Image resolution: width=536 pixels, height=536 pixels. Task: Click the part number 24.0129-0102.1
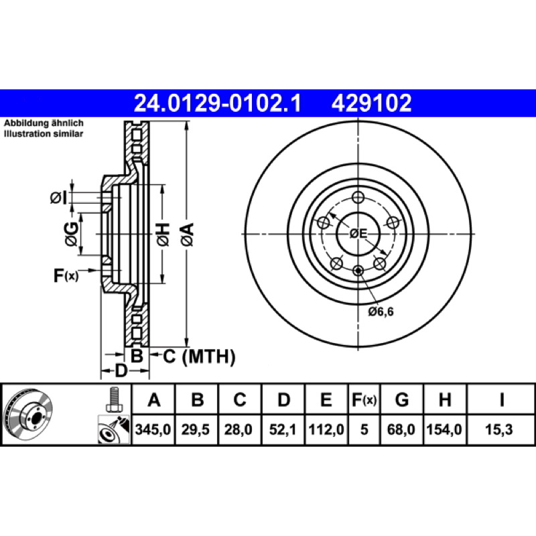point(217,103)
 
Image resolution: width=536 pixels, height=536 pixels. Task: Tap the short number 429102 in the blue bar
point(371,103)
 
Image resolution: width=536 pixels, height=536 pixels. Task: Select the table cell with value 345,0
point(153,429)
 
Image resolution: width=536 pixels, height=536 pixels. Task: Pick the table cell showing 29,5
point(196,429)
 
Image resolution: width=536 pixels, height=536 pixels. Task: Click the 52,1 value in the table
point(282,429)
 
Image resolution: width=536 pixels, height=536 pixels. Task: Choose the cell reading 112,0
point(326,429)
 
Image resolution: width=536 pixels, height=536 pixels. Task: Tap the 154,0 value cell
point(444,429)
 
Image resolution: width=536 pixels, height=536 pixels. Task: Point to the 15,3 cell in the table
point(499,429)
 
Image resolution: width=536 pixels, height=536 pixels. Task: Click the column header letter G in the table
point(401,399)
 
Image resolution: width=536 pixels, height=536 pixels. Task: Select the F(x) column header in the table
point(364,399)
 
